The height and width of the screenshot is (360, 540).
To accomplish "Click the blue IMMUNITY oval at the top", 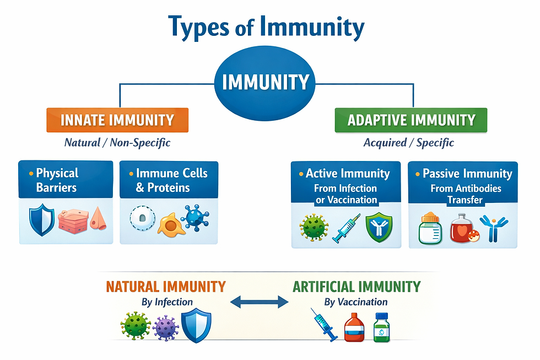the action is pyautogui.click(x=265, y=83).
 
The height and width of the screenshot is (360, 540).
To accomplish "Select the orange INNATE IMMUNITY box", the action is pyautogui.click(x=117, y=120).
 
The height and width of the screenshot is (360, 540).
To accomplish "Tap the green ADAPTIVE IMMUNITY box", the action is pyautogui.click(x=411, y=120).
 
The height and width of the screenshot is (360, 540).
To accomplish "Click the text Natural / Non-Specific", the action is pyautogui.click(x=117, y=143).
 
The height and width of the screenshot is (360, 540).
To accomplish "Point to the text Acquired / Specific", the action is pyautogui.click(x=408, y=143).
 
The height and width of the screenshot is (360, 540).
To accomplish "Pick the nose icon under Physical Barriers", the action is pyautogui.click(x=98, y=219).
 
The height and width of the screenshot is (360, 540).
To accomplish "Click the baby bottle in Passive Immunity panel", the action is pyautogui.click(x=431, y=227).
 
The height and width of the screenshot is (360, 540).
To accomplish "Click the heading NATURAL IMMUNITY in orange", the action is pyautogui.click(x=165, y=287).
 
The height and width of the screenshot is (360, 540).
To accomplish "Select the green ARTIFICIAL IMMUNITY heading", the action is pyautogui.click(x=356, y=287).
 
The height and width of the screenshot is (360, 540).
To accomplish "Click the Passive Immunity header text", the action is pyautogui.click(x=467, y=174).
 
